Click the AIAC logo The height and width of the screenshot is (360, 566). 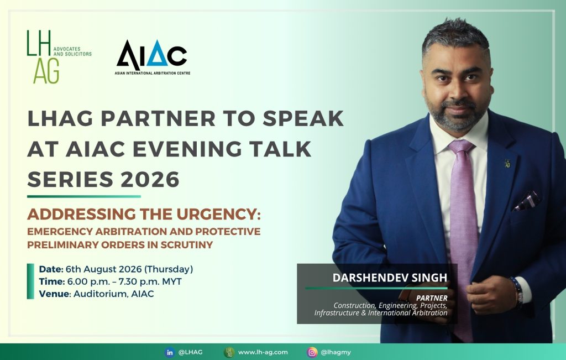153,57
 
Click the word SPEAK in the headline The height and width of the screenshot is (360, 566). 303,118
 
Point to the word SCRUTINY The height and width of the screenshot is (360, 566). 187,244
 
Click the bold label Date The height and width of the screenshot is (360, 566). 51,269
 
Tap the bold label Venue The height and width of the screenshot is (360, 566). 54,294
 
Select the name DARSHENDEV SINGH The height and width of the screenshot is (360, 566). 390,278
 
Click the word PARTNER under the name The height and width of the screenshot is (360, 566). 432,298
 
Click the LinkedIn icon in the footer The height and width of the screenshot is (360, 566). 169,352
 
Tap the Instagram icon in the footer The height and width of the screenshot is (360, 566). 312,352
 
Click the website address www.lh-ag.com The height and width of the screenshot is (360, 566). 263,352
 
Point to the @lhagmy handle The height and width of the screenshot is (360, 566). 336,352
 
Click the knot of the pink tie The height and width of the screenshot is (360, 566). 461,147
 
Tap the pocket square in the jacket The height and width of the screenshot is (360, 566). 527,200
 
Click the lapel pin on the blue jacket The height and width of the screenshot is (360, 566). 507,163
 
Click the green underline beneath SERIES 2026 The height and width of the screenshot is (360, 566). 84,197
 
